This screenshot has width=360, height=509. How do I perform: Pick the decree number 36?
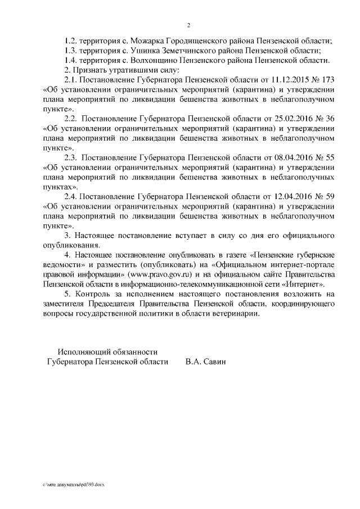331,119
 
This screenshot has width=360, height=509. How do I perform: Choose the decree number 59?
331,196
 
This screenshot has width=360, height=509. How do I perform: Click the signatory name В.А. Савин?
205,362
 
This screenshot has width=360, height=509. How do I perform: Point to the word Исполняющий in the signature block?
84,352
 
